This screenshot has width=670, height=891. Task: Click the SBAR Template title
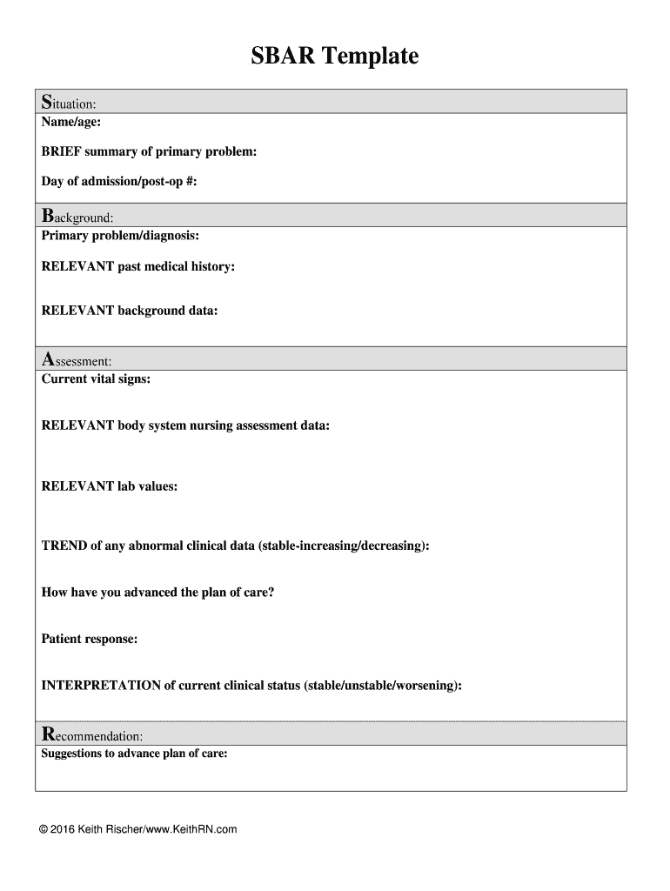tap(335, 57)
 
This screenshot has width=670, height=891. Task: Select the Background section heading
tap(78, 216)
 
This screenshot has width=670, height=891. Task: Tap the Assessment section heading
tap(77, 359)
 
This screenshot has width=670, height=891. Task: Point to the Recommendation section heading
tap(86, 735)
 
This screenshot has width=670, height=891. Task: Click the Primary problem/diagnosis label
tap(120, 236)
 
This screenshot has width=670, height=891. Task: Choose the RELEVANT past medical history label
tap(138, 266)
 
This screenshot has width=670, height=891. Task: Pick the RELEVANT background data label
tap(130, 310)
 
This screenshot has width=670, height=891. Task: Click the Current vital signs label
tap(96, 379)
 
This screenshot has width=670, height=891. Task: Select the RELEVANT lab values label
tap(110, 486)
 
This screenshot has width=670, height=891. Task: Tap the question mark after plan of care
tap(271, 593)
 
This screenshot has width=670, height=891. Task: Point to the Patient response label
tap(90, 639)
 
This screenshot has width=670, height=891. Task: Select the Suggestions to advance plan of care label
tap(135, 754)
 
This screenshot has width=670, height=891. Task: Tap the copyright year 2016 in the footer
tap(63, 829)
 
